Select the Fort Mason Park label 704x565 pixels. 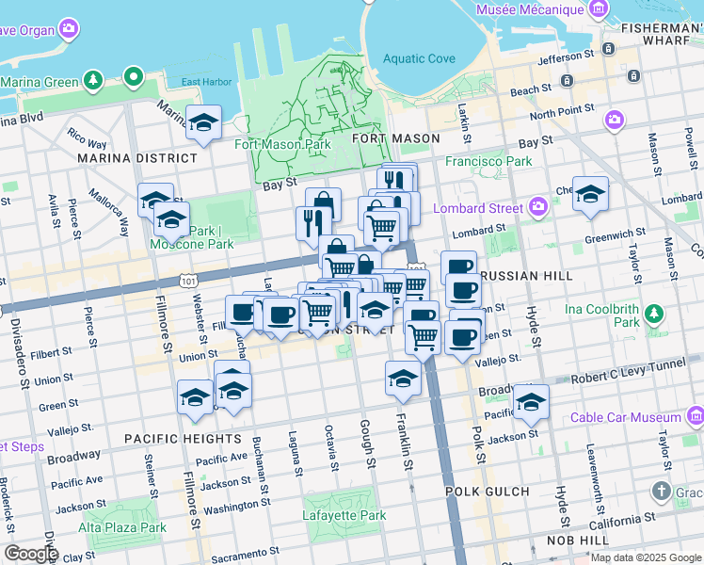click(282, 145)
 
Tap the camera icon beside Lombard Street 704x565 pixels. click(537, 206)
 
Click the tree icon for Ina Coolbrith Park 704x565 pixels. click(655, 313)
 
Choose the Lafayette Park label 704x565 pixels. click(344, 516)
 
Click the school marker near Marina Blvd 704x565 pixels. click(203, 123)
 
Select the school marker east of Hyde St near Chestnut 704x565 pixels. click(590, 194)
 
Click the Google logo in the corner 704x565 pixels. click(30, 554)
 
